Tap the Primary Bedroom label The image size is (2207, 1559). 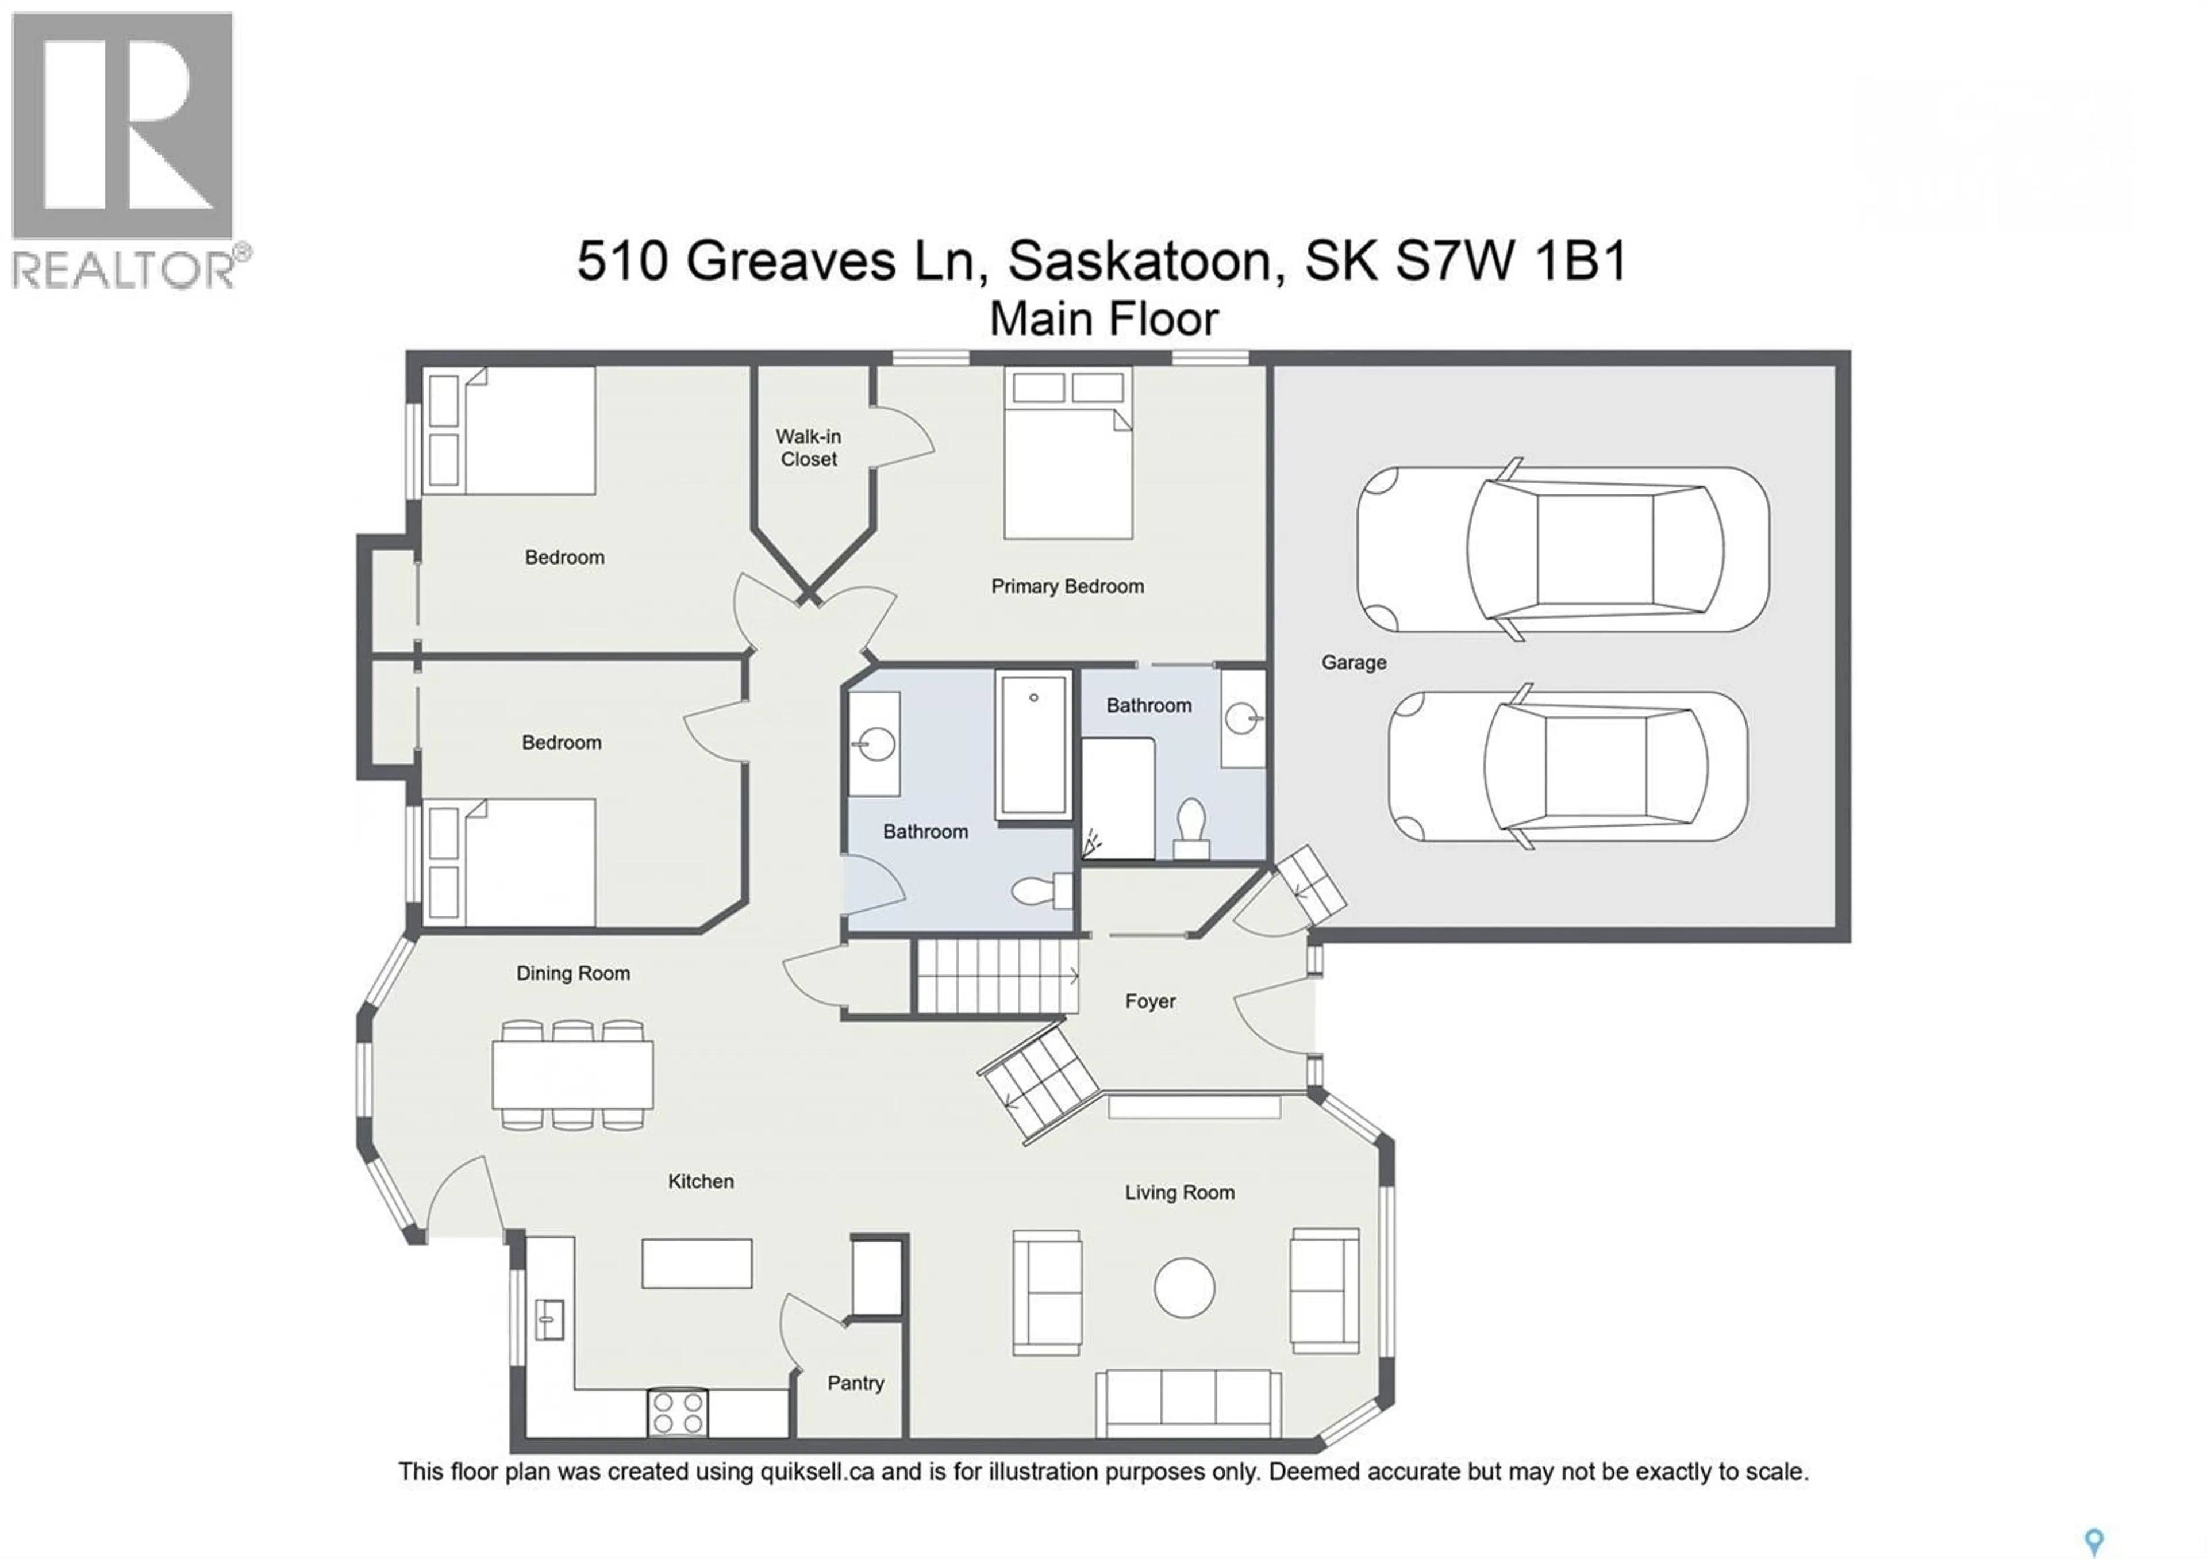(1067, 586)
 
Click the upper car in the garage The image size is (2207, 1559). (1562, 549)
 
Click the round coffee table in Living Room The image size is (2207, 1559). (1183, 1288)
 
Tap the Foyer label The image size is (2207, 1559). (1149, 1001)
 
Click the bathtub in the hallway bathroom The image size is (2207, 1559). (1033, 745)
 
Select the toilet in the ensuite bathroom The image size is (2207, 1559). (1192, 827)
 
